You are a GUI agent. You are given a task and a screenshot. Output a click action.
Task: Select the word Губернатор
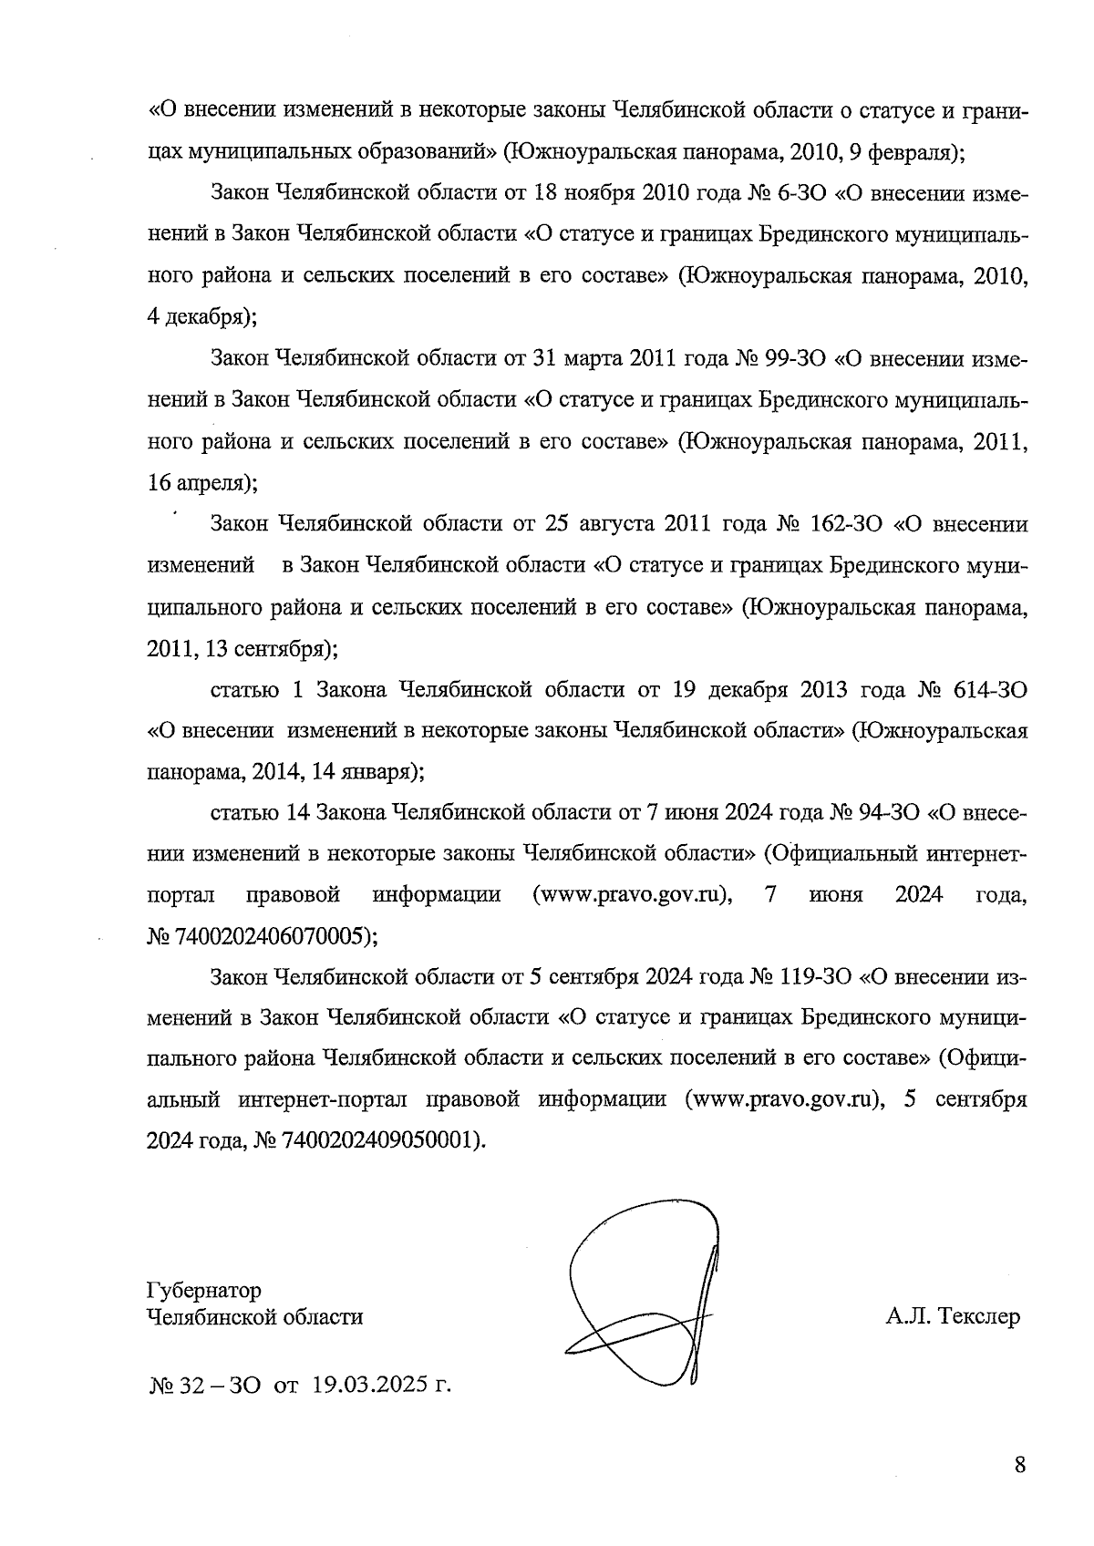tap(203, 1290)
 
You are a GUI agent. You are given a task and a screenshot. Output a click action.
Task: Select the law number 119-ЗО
tap(814, 976)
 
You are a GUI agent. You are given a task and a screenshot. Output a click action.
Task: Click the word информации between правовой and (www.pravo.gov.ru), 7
tap(437, 894)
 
